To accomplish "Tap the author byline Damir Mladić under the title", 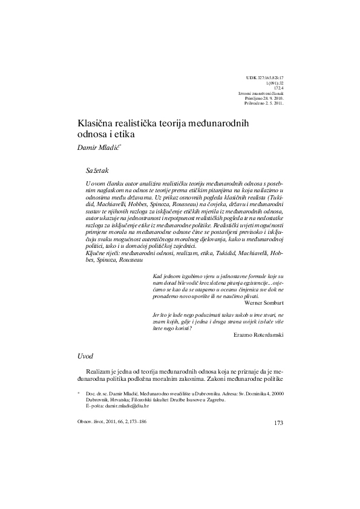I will click(97, 148).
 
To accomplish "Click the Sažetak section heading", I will click(99, 172).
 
